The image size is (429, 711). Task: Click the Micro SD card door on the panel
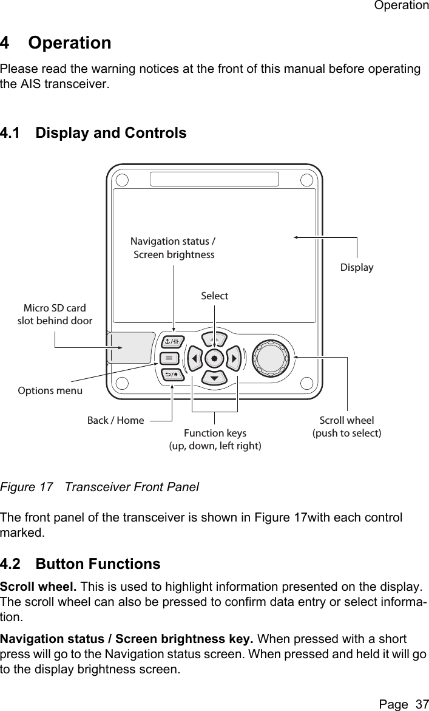click(x=130, y=347)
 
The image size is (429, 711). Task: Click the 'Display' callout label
click(x=357, y=267)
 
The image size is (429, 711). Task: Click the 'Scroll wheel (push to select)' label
click(x=346, y=426)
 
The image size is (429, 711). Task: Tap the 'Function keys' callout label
click(x=215, y=433)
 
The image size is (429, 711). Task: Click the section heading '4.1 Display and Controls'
click(x=93, y=132)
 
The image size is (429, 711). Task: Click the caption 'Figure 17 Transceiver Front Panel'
click(x=100, y=487)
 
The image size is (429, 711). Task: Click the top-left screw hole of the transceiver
click(x=122, y=180)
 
